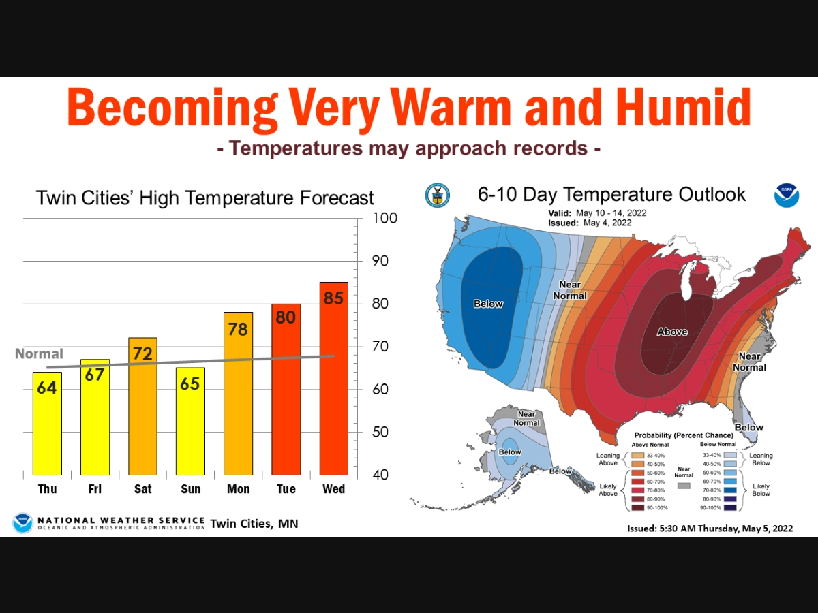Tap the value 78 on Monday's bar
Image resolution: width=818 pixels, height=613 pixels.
238,329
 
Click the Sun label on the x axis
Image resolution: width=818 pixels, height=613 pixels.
190,489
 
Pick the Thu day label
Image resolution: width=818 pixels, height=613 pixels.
48,489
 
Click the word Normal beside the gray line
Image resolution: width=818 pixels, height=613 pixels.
39,354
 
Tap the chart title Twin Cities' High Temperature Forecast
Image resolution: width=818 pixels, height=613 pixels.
204,198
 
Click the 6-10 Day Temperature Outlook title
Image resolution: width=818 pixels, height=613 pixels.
611,195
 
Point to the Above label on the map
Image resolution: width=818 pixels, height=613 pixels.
672,332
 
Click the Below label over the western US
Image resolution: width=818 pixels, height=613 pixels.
488,304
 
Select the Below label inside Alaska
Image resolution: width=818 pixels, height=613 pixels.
510,452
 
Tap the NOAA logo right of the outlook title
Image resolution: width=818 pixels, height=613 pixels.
786,195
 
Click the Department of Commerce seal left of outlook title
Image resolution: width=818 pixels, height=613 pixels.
436,195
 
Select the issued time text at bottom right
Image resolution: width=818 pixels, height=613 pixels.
710,528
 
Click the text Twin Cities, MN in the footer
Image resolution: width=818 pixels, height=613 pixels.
254,524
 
